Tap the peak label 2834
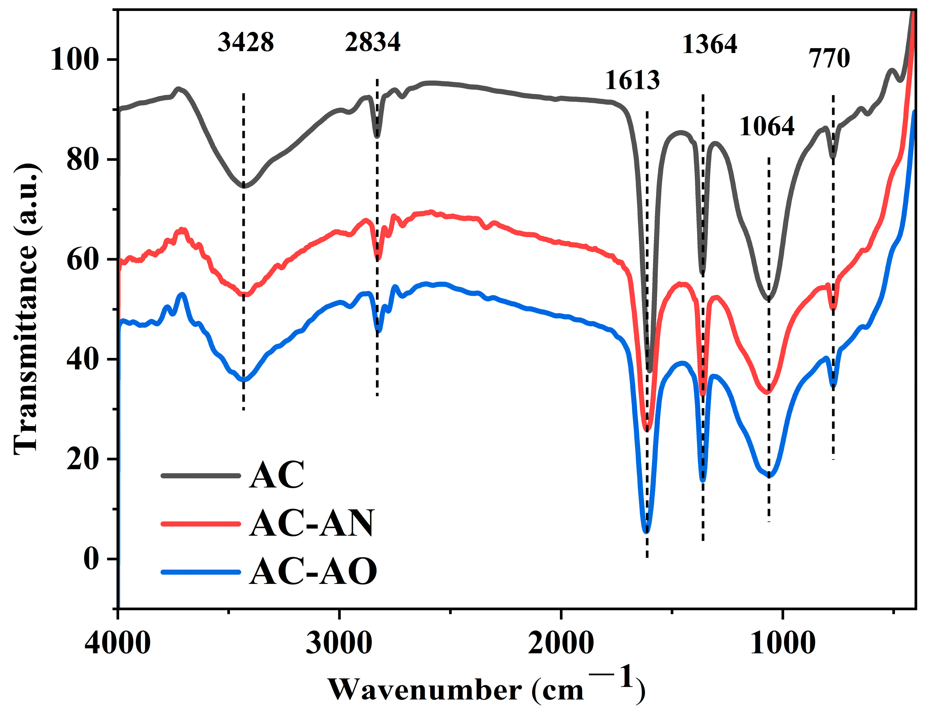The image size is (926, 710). [x=372, y=43]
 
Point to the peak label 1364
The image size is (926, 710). [x=710, y=44]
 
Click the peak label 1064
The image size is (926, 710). [x=767, y=126]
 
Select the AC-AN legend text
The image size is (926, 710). [x=312, y=524]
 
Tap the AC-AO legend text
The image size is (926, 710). [x=313, y=572]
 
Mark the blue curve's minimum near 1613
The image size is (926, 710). [x=646, y=531]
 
